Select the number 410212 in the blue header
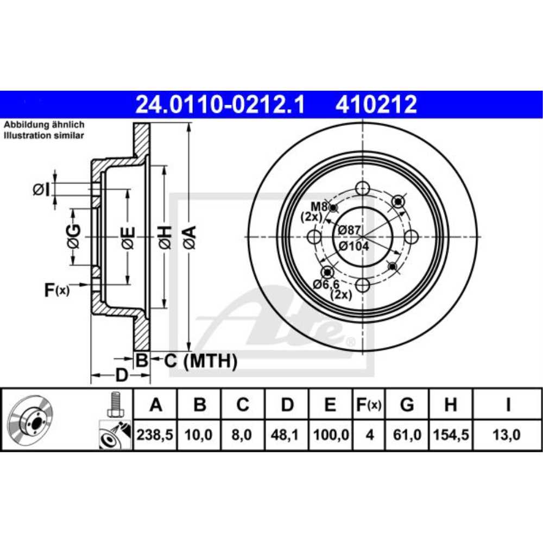[376, 104]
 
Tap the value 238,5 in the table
[156, 435]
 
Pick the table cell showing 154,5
[450, 435]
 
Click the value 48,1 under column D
[287, 435]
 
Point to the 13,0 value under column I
[507, 435]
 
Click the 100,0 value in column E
[331, 435]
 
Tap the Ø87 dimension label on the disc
[349, 230]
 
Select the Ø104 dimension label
[353, 245]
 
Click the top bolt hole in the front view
[362, 189]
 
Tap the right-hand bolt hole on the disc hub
[411, 237]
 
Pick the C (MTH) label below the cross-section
[200, 360]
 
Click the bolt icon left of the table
[114, 404]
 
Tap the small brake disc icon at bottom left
[31, 420]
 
